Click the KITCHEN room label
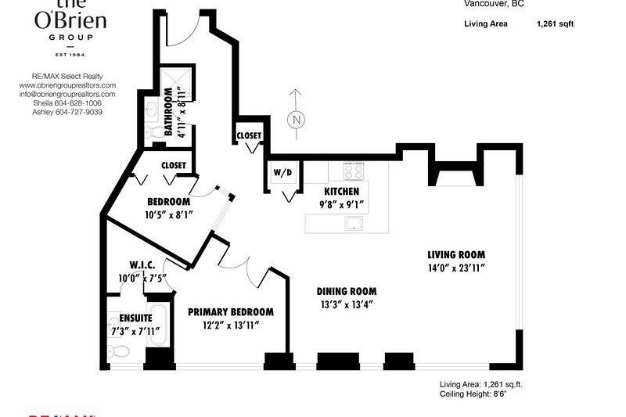(x=342, y=192)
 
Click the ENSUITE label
(x=135, y=319)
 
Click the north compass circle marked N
(x=296, y=120)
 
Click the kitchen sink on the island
(x=354, y=224)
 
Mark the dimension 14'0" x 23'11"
(x=456, y=268)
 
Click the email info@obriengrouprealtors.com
(x=67, y=94)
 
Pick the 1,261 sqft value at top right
(x=555, y=24)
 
